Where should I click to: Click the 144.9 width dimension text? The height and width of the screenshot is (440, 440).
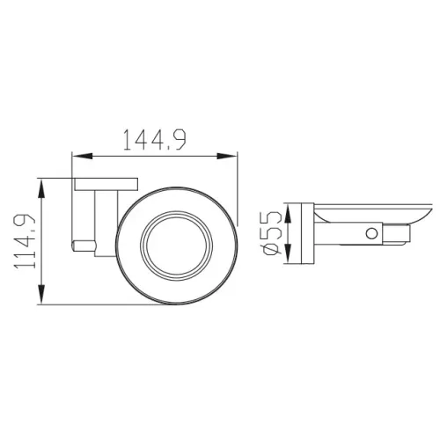(x=155, y=140)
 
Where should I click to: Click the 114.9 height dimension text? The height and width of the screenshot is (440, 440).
(x=25, y=241)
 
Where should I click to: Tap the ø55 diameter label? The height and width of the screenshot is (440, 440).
(x=271, y=233)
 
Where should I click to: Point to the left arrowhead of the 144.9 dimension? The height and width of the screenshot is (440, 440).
(x=83, y=156)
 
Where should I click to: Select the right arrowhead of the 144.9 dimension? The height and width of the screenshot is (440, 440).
(x=227, y=156)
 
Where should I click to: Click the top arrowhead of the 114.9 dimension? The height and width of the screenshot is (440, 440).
(x=42, y=189)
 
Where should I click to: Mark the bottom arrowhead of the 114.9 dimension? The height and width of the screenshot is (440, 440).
(x=42, y=294)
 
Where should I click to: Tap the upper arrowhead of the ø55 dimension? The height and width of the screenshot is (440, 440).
(x=289, y=215)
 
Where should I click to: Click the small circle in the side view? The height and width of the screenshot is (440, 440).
(x=371, y=233)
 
